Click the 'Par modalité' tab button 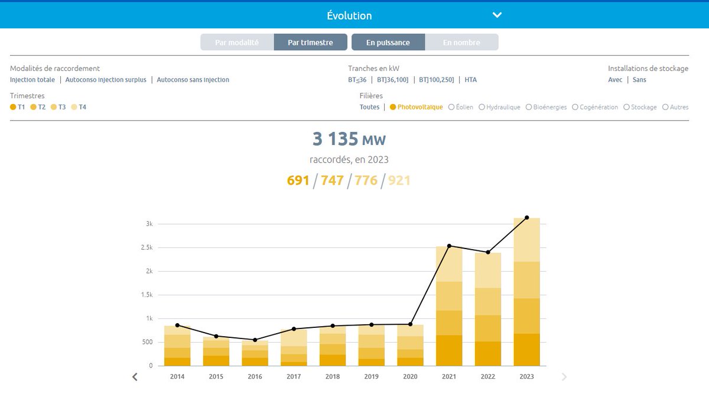pos(237,43)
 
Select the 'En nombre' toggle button pos(461,43)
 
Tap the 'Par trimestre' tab pos(310,43)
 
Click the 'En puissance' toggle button pos(388,43)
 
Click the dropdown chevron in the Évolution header pos(497,15)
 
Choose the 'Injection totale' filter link pos(32,80)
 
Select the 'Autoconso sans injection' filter pos(193,80)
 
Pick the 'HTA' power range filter pos(470,80)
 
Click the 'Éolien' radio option pos(461,107)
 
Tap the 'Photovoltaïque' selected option pos(417,107)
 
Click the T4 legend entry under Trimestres pos(79,107)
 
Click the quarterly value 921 pos(399,180)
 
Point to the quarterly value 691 pos(298,180)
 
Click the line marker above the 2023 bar pos(527,218)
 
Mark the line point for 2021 pos(449,246)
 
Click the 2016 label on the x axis pos(255,376)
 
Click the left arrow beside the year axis pos(135,377)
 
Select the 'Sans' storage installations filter pos(639,80)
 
